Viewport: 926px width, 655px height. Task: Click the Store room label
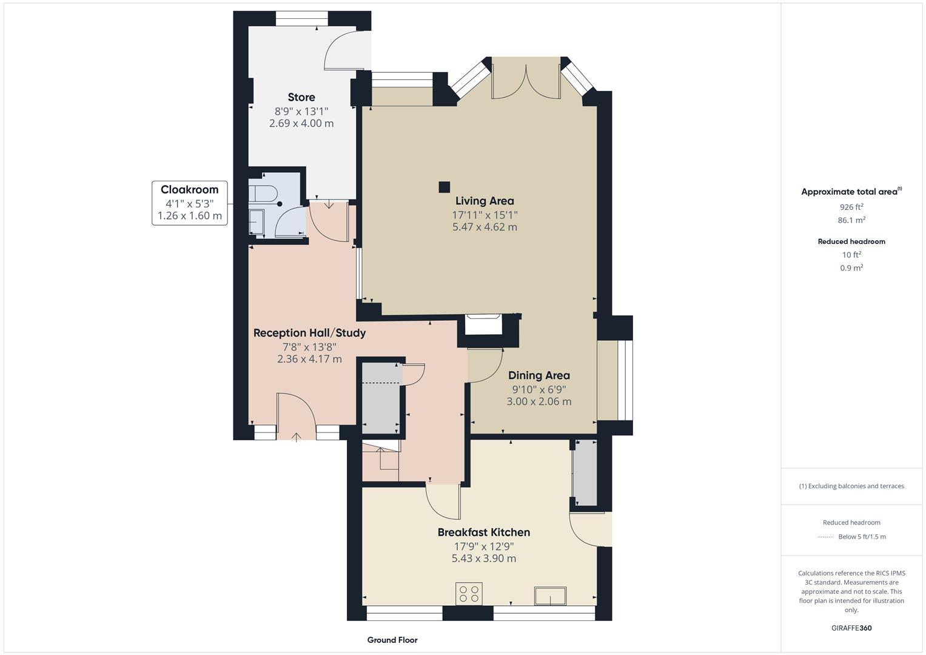pyautogui.click(x=301, y=97)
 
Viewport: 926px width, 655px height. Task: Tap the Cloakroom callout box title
pyautogui.click(x=189, y=190)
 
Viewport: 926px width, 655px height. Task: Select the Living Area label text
pyautogui.click(x=485, y=201)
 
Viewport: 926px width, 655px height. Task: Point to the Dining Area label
pyautogui.click(x=538, y=375)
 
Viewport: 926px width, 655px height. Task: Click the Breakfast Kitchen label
pyautogui.click(x=483, y=532)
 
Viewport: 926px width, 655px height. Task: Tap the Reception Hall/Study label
pyautogui.click(x=309, y=333)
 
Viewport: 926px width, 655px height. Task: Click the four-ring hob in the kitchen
pyautogui.click(x=469, y=593)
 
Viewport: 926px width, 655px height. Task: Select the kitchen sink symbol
pyautogui.click(x=549, y=596)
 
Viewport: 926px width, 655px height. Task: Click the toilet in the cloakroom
pyautogui.click(x=262, y=195)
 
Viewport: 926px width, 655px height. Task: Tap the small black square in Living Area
pyautogui.click(x=445, y=187)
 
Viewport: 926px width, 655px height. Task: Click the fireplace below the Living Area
pyautogui.click(x=483, y=325)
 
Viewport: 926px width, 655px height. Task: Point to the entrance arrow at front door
pyautogui.click(x=297, y=437)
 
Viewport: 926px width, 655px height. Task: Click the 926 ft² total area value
pyautogui.click(x=851, y=207)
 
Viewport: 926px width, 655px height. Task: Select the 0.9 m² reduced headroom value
pyautogui.click(x=851, y=267)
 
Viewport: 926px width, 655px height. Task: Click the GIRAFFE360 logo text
pyautogui.click(x=851, y=628)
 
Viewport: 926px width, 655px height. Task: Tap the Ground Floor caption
pyautogui.click(x=392, y=640)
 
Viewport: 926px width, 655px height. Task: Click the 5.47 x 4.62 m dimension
pyautogui.click(x=485, y=227)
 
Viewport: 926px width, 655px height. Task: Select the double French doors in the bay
pyautogui.click(x=526, y=79)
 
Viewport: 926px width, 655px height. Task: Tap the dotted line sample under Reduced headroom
pyautogui.click(x=825, y=537)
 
